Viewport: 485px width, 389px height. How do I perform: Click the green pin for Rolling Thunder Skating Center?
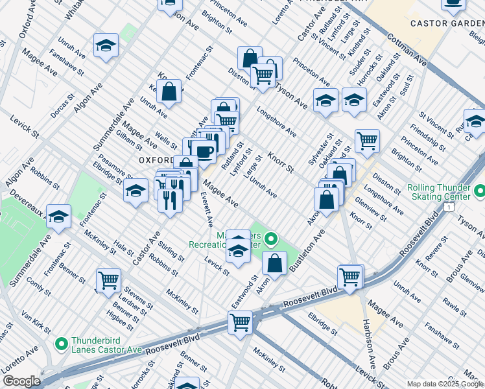(x=479, y=192)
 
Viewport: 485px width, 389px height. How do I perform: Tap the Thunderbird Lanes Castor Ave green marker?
(x=62, y=344)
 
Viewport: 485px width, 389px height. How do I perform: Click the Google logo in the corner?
(x=21, y=381)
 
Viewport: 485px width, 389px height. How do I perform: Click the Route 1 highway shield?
(x=448, y=206)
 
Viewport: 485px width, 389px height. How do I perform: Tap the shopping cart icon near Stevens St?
(x=108, y=280)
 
